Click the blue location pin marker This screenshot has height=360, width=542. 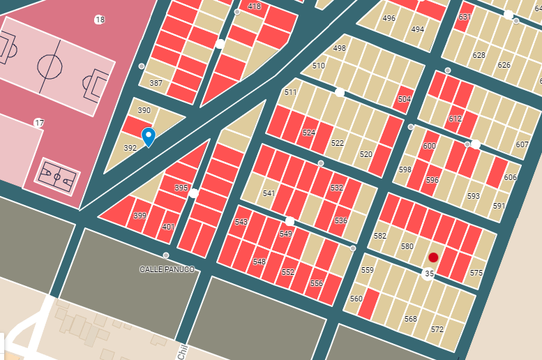148,136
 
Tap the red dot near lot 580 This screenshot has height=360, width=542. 433,257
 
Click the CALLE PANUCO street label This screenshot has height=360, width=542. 167,269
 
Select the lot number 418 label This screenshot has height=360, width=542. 254,6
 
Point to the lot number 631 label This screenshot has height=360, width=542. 465,17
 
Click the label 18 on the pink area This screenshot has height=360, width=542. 100,20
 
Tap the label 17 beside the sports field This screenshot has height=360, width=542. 39,123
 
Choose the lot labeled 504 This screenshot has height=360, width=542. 405,100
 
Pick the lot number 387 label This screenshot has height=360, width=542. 156,83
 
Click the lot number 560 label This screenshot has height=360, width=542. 356,299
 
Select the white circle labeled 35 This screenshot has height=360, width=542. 429,274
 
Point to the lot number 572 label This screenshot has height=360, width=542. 437,329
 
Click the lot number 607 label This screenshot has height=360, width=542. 522,145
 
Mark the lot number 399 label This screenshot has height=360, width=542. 140,216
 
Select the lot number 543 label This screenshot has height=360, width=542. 241,222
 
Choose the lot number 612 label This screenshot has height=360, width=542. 455,119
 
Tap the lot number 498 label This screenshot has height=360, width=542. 339,48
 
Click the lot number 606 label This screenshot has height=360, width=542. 510,177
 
